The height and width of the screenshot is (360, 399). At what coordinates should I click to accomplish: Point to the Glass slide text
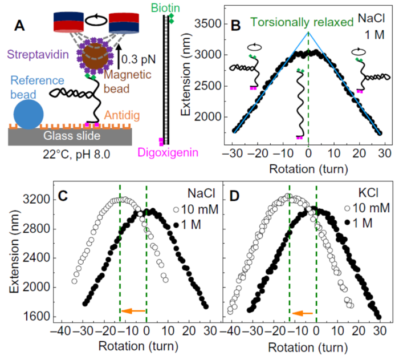coord(75,136)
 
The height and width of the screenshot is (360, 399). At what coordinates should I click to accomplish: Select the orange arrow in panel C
coord(134,311)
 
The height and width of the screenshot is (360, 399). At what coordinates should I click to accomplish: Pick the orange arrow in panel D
coord(303,313)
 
